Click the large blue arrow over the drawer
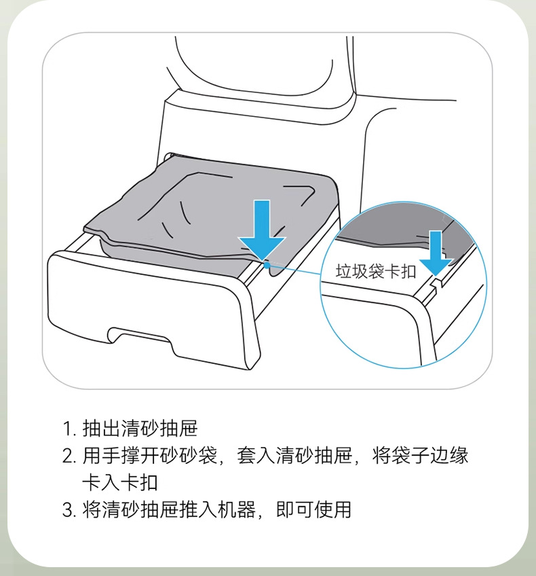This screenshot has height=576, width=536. [262, 229]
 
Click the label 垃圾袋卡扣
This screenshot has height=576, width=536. [376, 272]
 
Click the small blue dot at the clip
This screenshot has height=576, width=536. [267, 264]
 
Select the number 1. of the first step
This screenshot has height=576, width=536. [69, 429]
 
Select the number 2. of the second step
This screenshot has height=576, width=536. [69, 456]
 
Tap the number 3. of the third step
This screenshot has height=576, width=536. [69, 510]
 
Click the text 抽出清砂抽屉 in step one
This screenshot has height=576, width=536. [140, 429]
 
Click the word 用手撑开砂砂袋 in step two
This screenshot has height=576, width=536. [150, 456]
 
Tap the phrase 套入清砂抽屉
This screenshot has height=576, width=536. [294, 456]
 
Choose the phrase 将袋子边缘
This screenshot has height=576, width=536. [421, 456]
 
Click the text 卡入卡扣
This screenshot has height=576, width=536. [120, 483]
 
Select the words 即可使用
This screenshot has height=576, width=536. [314, 509]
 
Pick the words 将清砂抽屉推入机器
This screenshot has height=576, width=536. [169, 509]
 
